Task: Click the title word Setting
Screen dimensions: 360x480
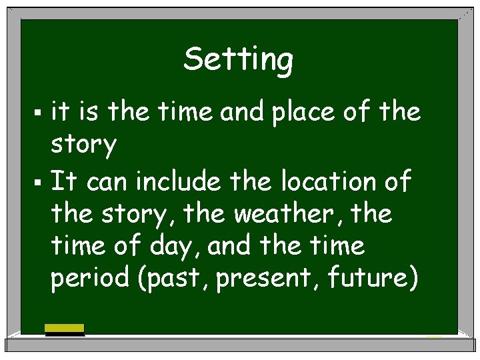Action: click(x=238, y=60)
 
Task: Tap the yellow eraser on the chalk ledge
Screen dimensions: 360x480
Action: click(x=65, y=329)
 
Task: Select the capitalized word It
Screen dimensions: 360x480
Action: click(x=65, y=181)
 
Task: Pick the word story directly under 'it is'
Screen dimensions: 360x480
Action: click(x=83, y=145)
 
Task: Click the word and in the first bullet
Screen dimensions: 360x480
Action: click(x=243, y=112)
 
